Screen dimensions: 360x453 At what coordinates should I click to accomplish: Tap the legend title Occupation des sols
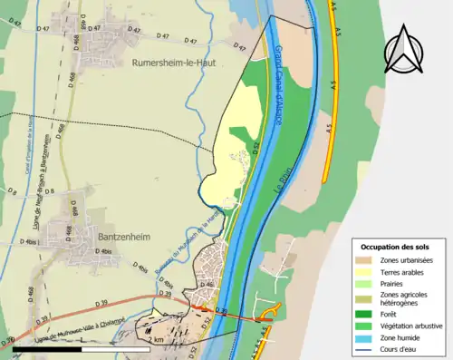[397, 247]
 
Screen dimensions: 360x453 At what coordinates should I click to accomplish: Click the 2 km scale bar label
[159, 338]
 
